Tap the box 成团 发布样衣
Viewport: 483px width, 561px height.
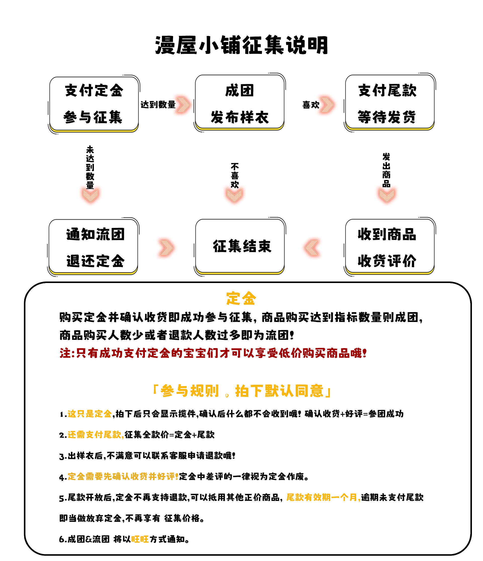tap(239, 102)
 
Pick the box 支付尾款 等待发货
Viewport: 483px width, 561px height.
tap(389, 102)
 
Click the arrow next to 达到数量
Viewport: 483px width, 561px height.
tap(183, 105)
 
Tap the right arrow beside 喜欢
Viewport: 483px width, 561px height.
tap(327, 105)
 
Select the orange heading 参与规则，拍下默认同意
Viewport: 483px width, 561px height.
tap(242, 391)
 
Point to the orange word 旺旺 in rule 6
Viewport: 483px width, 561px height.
tap(140, 539)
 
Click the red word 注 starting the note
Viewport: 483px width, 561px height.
tap(65, 353)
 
